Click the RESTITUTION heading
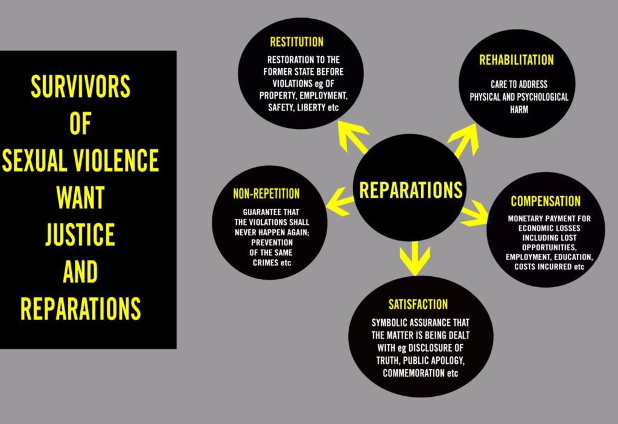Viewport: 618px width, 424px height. [296, 42]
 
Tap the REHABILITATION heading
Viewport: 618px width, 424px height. [516, 60]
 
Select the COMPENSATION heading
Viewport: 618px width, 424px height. [546, 201]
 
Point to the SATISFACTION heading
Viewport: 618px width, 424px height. [418, 304]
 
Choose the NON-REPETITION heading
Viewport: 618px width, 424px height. [266, 194]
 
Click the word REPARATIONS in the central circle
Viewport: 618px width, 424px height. [411, 189]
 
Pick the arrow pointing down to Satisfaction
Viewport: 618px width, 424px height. [415, 256]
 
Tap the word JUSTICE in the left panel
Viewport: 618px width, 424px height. [80, 235]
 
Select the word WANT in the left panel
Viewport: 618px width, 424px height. [80, 198]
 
